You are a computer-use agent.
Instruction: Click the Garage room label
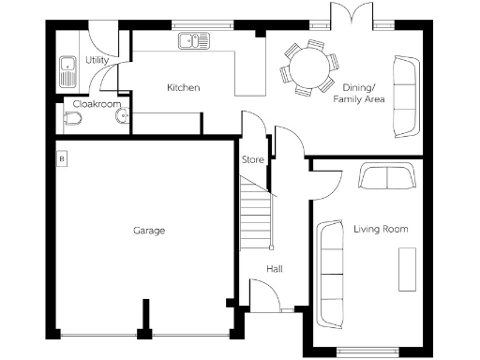click(x=148, y=230)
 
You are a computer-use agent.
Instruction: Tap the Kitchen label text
click(x=183, y=88)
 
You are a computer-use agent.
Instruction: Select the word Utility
click(x=97, y=61)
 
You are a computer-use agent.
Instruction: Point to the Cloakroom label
click(x=97, y=104)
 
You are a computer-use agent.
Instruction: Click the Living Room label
click(x=381, y=229)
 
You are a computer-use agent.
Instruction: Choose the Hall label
click(x=275, y=269)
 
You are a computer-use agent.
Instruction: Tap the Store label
click(x=253, y=159)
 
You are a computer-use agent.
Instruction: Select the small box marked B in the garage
click(x=62, y=158)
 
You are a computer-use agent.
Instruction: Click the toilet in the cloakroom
click(x=71, y=119)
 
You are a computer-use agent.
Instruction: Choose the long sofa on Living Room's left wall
click(x=330, y=273)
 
